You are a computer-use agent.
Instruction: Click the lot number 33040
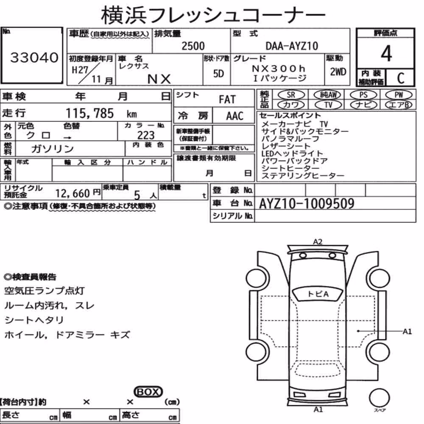[x=34, y=57]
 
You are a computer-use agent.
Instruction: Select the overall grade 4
[x=386, y=53]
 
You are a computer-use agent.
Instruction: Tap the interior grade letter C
[x=401, y=78]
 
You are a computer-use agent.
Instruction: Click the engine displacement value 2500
[x=193, y=46]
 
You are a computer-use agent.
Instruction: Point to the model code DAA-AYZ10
[x=292, y=46]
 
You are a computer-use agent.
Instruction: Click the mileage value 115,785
[x=90, y=113]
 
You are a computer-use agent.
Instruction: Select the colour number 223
[x=146, y=135]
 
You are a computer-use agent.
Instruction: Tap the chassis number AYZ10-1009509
[x=307, y=204]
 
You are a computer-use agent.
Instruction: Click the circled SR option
[x=291, y=95]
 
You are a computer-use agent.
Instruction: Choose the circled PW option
[x=399, y=95]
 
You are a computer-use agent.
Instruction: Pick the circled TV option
[x=328, y=105]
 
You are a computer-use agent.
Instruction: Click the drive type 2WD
[x=338, y=72]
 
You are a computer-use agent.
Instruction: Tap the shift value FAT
[x=227, y=100]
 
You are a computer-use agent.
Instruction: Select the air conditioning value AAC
[x=235, y=116]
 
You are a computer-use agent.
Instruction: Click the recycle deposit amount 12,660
[x=73, y=193]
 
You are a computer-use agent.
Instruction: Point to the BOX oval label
[x=148, y=392]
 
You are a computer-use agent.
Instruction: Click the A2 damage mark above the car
[x=318, y=242]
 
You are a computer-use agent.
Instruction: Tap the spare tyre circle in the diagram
[x=379, y=398]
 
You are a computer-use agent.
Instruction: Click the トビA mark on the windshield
[x=318, y=294]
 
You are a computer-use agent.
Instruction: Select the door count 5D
[x=218, y=73]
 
